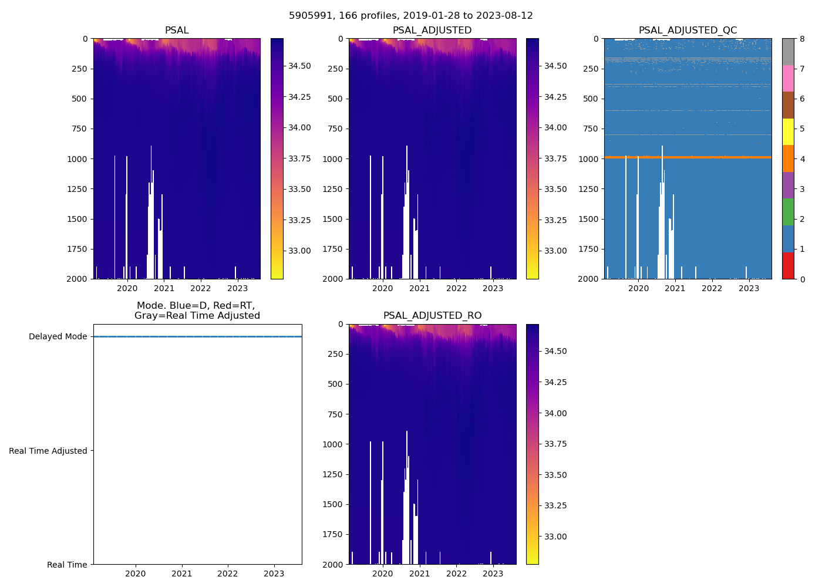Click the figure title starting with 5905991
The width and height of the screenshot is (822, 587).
pyautogui.click(x=410, y=16)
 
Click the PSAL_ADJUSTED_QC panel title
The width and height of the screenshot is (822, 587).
pyautogui.click(x=688, y=31)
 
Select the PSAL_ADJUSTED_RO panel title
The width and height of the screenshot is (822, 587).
pyautogui.click(x=432, y=316)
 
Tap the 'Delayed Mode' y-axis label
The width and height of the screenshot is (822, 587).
pyautogui.click(x=58, y=337)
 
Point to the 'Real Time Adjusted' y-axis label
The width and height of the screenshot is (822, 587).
pyautogui.click(x=48, y=451)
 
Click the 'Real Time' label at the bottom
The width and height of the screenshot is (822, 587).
pyautogui.click(x=67, y=565)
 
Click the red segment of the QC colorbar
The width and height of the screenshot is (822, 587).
pyautogui.click(x=788, y=266)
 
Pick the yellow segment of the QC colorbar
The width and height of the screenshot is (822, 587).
pyautogui.click(x=788, y=132)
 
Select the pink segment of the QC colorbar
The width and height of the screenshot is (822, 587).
pyautogui.click(x=788, y=79)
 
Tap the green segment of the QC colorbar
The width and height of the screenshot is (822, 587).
pyautogui.click(x=788, y=212)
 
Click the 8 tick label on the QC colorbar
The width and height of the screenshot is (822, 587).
pyautogui.click(x=802, y=39)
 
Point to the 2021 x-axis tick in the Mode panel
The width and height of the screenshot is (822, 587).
pyautogui.click(x=181, y=573)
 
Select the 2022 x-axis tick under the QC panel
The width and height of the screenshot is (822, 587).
pyautogui.click(x=712, y=288)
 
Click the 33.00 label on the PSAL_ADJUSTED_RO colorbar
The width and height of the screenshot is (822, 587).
pyautogui.click(x=554, y=537)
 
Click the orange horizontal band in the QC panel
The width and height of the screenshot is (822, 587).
pyautogui.click(x=688, y=157)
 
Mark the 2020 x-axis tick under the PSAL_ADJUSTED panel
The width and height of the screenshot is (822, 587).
pyautogui.click(x=383, y=288)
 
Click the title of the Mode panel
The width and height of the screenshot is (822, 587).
pyautogui.click(x=197, y=311)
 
